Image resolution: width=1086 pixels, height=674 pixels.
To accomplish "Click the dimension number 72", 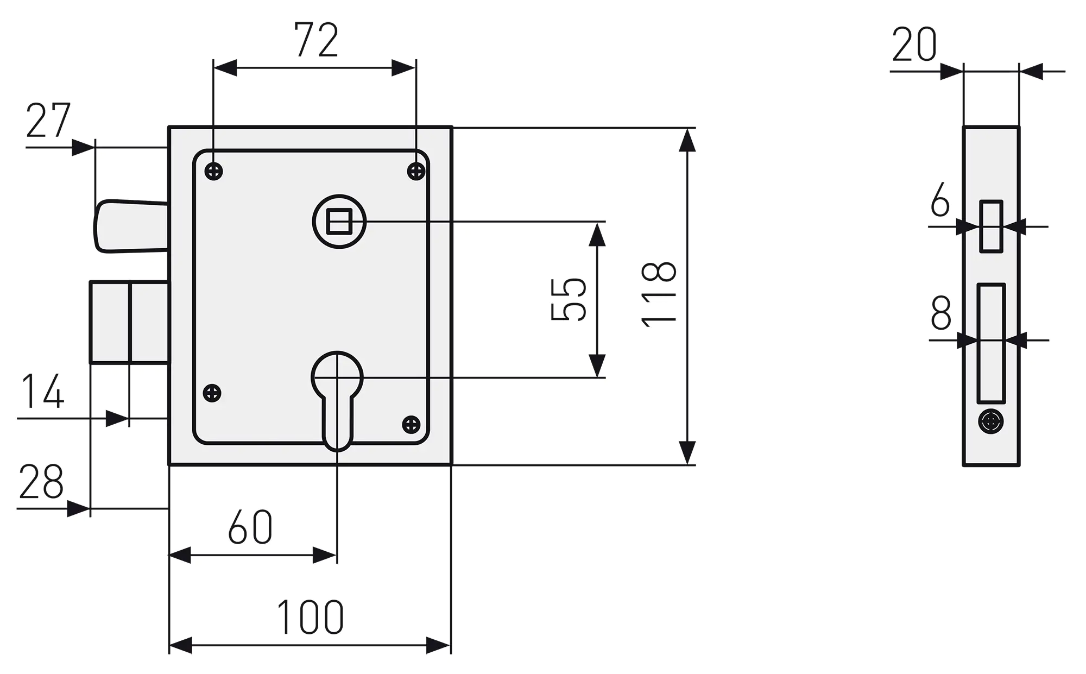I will coord(317,40).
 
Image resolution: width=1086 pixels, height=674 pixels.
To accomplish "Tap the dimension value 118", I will coord(659,294).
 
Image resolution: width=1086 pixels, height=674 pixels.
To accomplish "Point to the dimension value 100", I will coord(310,618).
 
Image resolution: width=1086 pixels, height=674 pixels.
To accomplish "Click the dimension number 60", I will coord(250,527).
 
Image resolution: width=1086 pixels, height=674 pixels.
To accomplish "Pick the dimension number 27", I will coord(48,121).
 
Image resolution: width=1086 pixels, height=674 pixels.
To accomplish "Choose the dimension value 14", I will coord(42,391).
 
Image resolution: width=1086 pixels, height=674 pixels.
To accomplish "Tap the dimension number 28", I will coord(41,482).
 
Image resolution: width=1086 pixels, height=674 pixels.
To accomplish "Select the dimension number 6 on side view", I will coord(940,199).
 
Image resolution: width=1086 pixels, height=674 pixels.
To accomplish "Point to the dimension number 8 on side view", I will coord(941,313).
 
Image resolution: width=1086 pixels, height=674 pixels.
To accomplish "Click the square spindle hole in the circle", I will coord(339,222).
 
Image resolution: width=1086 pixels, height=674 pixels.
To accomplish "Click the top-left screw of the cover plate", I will coord(214,172).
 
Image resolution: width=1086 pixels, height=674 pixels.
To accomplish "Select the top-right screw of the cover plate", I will coord(416,172).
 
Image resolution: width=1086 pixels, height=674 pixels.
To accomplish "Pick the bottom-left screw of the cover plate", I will coord(212,393).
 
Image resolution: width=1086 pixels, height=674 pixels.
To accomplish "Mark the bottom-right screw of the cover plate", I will coord(412,424).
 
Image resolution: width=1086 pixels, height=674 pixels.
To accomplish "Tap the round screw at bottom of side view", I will coord(991,421).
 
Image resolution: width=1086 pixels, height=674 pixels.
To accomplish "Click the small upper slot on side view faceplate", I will coord(991,226).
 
